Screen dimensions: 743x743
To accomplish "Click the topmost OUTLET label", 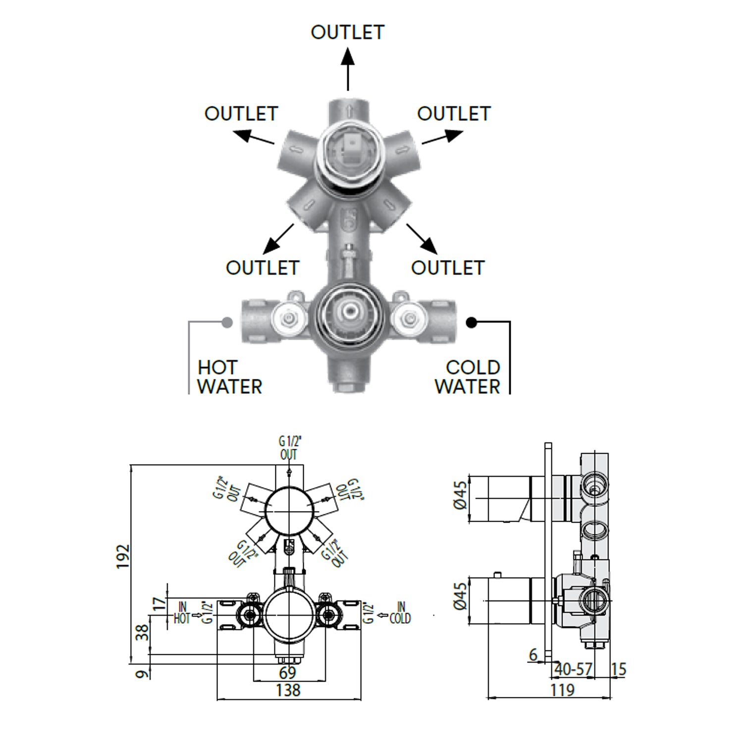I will [x=347, y=33].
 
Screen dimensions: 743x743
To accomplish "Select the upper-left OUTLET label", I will [x=241, y=114].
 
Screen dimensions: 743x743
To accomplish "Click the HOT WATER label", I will [x=229, y=377].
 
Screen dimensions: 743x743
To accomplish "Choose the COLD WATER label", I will [x=467, y=377].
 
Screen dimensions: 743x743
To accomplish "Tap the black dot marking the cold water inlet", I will [x=472, y=322].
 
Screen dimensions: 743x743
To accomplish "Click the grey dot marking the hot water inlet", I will [x=227, y=322].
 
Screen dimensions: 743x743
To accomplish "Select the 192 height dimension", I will [x=123, y=556].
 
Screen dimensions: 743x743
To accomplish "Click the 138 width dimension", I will [x=288, y=690].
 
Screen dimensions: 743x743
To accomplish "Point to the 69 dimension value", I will [x=287, y=672].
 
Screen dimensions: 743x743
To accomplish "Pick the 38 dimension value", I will [x=143, y=633].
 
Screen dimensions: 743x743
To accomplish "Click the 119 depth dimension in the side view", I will [x=562, y=690].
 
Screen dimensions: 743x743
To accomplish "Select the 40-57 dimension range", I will [x=573, y=669].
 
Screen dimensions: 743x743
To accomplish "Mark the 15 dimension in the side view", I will [x=619, y=669].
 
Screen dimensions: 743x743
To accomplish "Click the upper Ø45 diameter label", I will [x=461, y=495].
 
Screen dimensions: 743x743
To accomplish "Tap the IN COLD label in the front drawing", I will [x=400, y=613].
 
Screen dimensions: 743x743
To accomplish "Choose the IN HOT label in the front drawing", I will [x=182, y=613].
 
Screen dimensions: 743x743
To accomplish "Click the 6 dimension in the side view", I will [x=533, y=655].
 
